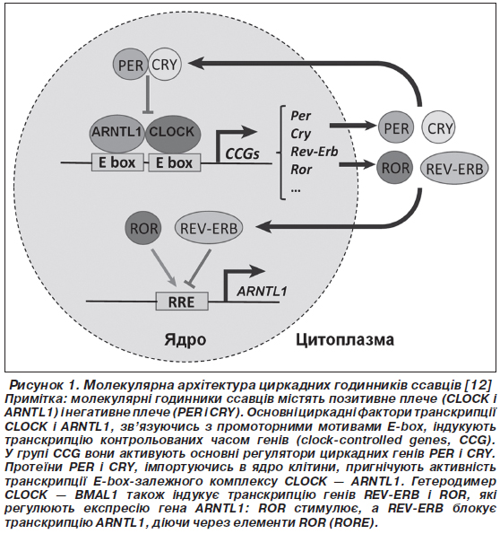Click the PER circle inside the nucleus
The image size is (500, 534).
[x=130, y=65]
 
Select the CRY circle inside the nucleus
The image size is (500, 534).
[x=165, y=65]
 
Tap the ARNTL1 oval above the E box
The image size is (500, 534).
[x=116, y=133]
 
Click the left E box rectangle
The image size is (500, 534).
[x=117, y=162]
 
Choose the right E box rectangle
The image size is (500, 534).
[x=175, y=162]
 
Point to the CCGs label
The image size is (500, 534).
[x=242, y=154]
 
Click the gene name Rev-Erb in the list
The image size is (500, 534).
[x=315, y=152]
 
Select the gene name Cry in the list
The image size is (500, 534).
[x=300, y=134]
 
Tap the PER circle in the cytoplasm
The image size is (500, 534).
[x=396, y=128]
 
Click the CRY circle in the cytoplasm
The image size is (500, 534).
[x=439, y=128]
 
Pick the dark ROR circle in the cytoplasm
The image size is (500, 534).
[x=394, y=168]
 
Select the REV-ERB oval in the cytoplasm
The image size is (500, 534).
[x=454, y=169]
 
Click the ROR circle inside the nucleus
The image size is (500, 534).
[x=143, y=229]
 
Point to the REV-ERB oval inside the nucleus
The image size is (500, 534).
[x=209, y=228]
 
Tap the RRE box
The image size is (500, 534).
[x=182, y=301]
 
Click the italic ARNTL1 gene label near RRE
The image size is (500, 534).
[x=262, y=292]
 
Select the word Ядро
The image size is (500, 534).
[x=185, y=339]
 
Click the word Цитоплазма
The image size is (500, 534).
[x=345, y=339]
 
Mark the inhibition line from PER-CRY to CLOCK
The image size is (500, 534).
[x=148, y=95]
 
